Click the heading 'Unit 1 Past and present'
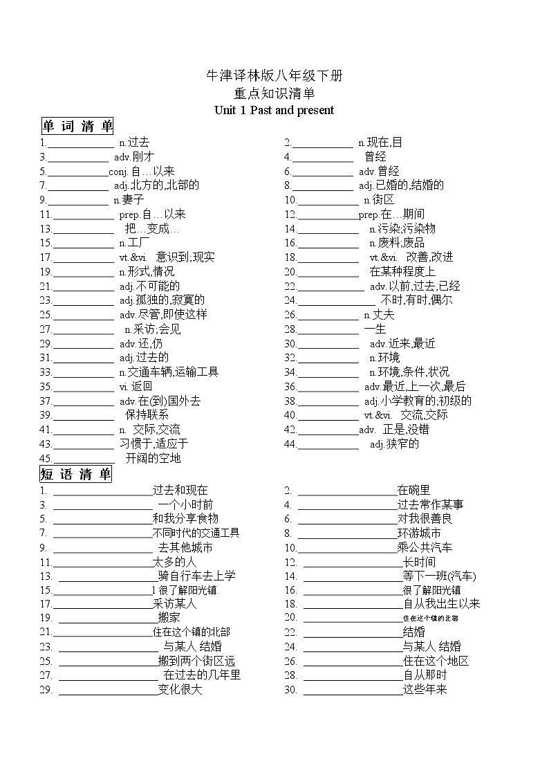(274, 110)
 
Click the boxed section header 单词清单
(77, 126)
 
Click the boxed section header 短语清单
(76, 475)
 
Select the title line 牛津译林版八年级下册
(274, 76)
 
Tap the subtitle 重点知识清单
(274, 93)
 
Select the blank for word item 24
(336, 301)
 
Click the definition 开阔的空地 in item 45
(153, 459)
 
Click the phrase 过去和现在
(180, 491)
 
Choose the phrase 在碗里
(413, 491)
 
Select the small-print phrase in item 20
(430, 618)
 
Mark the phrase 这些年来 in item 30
(425, 690)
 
